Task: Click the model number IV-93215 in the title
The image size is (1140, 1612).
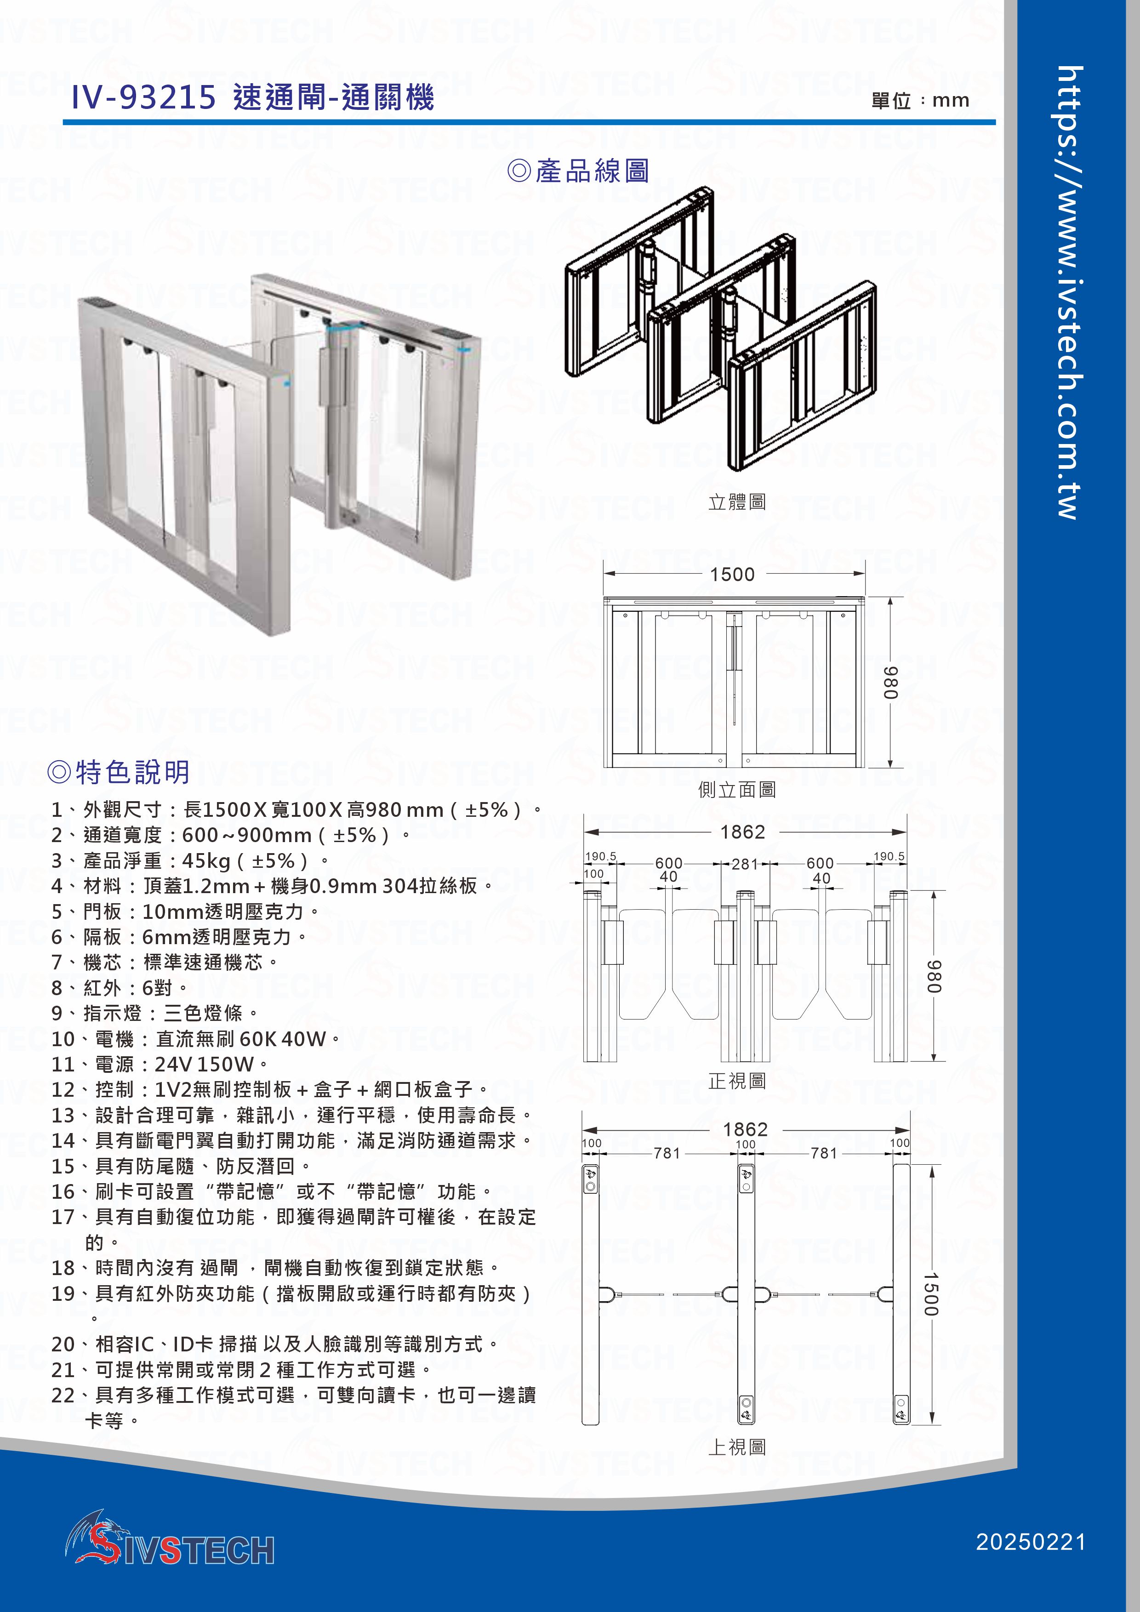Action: [x=143, y=97]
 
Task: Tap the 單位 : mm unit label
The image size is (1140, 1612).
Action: [x=919, y=100]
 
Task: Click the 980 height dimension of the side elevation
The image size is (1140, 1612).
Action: [x=889, y=683]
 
